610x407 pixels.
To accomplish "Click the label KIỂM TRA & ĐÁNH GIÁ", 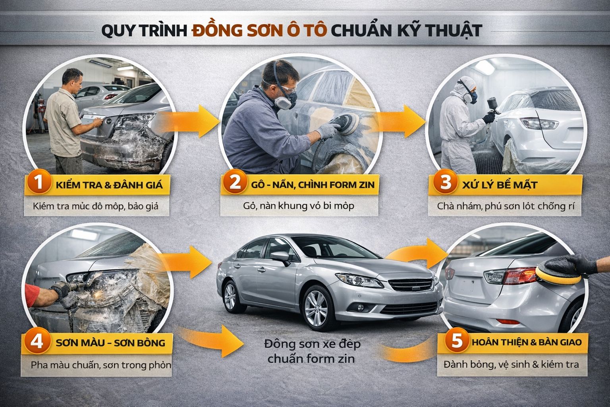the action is [109, 185].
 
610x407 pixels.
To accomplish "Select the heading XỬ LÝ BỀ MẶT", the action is [500, 185].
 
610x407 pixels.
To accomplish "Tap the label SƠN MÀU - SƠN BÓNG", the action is [110, 343].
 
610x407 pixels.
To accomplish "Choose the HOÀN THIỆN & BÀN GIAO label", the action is [527, 342].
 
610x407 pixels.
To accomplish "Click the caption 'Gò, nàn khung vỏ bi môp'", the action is [299, 206].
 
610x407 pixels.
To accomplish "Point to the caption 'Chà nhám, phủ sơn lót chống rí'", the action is [506, 206].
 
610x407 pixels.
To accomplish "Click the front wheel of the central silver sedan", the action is [318, 308].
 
